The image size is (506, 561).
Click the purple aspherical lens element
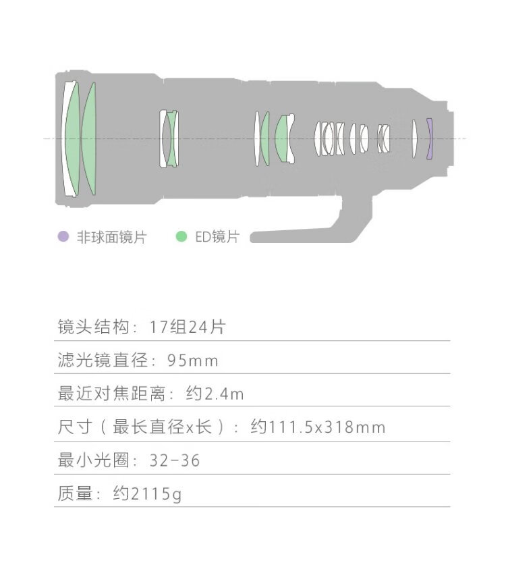[x=430, y=139]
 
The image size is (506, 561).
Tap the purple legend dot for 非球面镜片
[x=63, y=236]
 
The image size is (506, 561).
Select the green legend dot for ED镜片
[x=181, y=236]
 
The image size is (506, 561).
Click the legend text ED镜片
[x=217, y=237]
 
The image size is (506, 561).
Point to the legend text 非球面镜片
[x=111, y=237]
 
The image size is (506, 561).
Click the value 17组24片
[x=187, y=327]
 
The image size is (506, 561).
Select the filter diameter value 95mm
[x=192, y=360]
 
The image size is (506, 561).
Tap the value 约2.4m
[x=215, y=394]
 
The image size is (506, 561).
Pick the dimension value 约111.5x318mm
[x=318, y=427]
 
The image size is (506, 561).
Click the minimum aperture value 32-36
[x=175, y=460]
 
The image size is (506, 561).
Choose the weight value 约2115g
[x=147, y=493]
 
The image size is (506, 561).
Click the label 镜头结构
[x=93, y=327]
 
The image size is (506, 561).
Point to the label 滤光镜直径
[x=103, y=360]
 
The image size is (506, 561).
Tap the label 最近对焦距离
[x=111, y=394]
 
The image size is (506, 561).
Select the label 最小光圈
[x=93, y=460]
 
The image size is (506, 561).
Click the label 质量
[x=75, y=493]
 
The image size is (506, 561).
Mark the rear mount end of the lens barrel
[x=451, y=139]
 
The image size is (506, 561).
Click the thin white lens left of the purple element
[x=414, y=139]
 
